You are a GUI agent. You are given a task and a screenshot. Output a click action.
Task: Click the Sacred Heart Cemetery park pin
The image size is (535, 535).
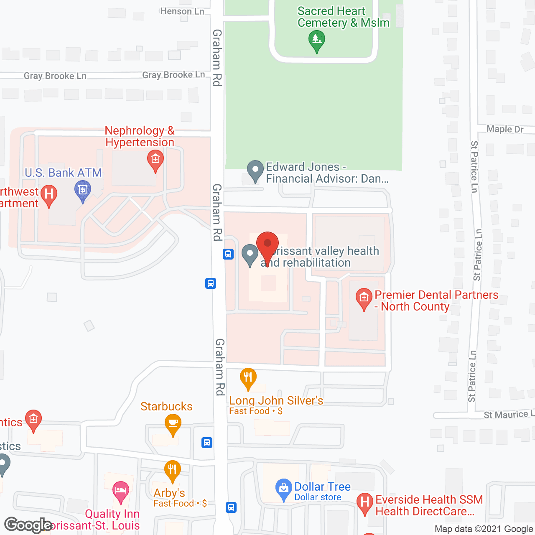pyautogui.click(x=317, y=41)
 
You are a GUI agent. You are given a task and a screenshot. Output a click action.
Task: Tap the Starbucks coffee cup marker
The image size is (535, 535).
pyautogui.click(x=173, y=423)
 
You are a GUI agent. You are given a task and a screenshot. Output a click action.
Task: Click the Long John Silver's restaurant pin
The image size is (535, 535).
pyautogui.click(x=248, y=377)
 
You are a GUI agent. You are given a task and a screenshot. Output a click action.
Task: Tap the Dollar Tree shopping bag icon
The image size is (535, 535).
pyautogui.click(x=284, y=488)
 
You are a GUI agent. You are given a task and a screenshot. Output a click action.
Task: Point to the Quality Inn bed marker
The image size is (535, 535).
pyautogui.click(x=121, y=490)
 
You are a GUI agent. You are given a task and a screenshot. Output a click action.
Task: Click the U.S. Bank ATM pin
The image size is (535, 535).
pyautogui.click(x=83, y=190)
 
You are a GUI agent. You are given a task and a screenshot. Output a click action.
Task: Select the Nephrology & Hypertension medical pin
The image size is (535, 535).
pyautogui.click(x=155, y=160)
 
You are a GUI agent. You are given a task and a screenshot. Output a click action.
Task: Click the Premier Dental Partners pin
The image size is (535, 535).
pyautogui.click(x=364, y=298)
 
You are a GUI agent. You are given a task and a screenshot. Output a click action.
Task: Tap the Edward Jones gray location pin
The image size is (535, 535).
pyautogui.click(x=255, y=170)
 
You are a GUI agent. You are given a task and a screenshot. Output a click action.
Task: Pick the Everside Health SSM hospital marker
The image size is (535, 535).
pyautogui.click(x=364, y=502)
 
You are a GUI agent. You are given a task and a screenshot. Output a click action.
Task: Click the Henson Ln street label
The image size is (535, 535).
pyautogui.click(x=182, y=11)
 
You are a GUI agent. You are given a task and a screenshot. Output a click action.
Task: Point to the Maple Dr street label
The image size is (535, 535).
pyautogui.click(x=505, y=129)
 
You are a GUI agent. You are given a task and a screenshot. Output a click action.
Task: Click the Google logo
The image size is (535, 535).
pyautogui.click(x=28, y=525)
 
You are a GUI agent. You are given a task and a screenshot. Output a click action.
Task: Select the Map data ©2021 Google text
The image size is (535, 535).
pyautogui.click(x=484, y=529)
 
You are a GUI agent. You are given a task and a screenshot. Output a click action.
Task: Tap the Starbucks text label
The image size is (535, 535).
pyautogui.click(x=166, y=406)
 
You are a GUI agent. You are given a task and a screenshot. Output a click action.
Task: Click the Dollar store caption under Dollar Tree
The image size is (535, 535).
pyautogui.click(x=318, y=497)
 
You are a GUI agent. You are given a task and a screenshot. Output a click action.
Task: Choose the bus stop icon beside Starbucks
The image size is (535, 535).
pyautogui.click(x=207, y=442)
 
